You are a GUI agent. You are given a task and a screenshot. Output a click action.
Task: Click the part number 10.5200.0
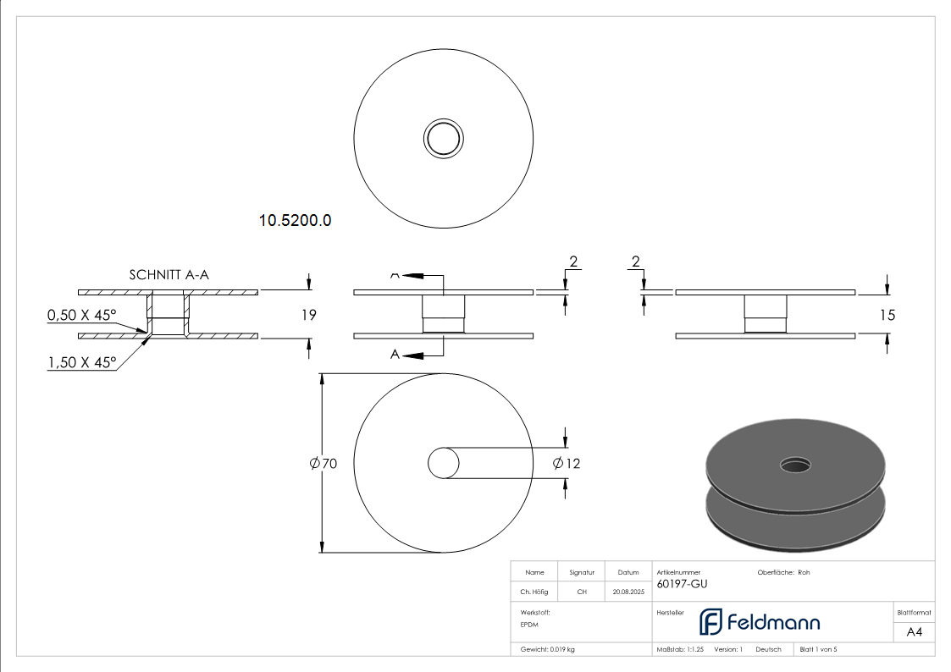click(x=295, y=221)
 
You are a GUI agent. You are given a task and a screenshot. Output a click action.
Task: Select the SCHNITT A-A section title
click(x=169, y=274)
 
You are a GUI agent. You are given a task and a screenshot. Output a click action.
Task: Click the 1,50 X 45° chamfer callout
click(x=82, y=362)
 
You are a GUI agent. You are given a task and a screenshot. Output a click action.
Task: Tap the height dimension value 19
click(x=308, y=315)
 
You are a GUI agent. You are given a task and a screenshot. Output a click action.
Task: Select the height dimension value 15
click(x=887, y=315)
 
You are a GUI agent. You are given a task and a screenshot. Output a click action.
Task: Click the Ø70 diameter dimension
click(x=323, y=464)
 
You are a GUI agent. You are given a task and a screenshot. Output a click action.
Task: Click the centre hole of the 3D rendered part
click(x=794, y=464)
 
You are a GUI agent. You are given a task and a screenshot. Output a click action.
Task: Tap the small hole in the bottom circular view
click(x=443, y=464)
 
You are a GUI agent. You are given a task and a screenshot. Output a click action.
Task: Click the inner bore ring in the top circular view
click(x=443, y=138)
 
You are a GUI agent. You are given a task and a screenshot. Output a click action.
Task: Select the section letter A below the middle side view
click(x=395, y=355)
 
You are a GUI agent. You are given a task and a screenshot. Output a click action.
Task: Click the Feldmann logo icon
click(x=710, y=622)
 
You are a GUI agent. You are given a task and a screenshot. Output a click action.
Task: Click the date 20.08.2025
click(x=628, y=592)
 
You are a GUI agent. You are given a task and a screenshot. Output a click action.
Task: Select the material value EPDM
click(x=529, y=625)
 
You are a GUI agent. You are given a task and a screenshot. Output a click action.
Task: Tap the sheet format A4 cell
click(x=915, y=632)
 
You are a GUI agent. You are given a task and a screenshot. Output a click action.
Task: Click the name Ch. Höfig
click(x=534, y=592)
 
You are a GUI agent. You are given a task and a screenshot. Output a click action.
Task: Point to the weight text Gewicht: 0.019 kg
click(x=548, y=649)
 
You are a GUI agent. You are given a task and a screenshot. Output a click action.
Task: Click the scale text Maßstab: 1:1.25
click(x=680, y=649)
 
